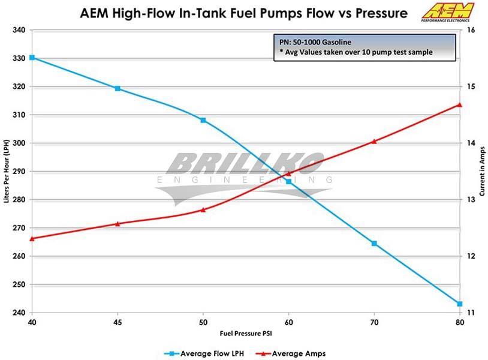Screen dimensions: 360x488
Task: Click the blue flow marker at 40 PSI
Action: click(x=32, y=58)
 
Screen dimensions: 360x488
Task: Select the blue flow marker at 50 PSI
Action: click(x=203, y=121)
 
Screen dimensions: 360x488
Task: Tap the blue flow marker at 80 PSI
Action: click(x=459, y=304)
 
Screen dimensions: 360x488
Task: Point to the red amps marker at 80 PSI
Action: click(x=459, y=104)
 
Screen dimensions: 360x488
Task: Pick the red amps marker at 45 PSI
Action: click(x=118, y=224)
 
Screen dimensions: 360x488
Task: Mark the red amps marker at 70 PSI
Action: click(x=374, y=142)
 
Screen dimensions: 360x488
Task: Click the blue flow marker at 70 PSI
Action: click(x=374, y=244)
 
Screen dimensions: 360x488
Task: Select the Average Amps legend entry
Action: click(x=294, y=353)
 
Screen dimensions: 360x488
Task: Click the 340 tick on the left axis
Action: click(x=17, y=29)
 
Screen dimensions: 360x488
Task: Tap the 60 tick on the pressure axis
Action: click(x=288, y=322)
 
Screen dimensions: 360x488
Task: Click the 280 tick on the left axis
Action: click(x=17, y=200)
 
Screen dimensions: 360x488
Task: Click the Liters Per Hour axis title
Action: click(x=7, y=171)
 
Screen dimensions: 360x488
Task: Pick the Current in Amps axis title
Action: click(x=481, y=171)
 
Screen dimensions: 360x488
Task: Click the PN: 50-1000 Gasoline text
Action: click(x=315, y=42)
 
